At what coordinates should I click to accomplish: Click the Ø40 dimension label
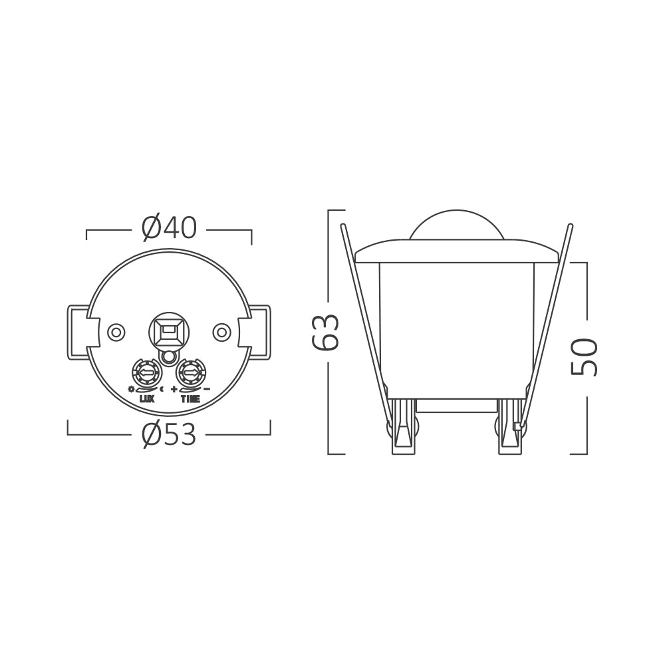pos(169,228)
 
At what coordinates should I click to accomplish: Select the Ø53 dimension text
pos(169,436)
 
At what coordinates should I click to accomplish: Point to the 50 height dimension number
pos(585,356)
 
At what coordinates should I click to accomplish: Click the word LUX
pos(147,400)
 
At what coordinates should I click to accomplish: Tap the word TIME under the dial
pos(190,400)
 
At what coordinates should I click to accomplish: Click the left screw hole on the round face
pos(116,331)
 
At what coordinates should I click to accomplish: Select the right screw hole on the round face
pos(221,331)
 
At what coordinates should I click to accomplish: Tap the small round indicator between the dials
pos(169,358)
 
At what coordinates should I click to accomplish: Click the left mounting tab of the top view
pos(78,332)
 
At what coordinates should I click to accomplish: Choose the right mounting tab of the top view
pos(259,332)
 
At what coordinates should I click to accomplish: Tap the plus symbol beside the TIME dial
pos(174,389)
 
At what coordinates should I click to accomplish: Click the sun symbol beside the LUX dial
pos(132,389)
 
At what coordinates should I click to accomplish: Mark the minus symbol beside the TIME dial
pos(207,389)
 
